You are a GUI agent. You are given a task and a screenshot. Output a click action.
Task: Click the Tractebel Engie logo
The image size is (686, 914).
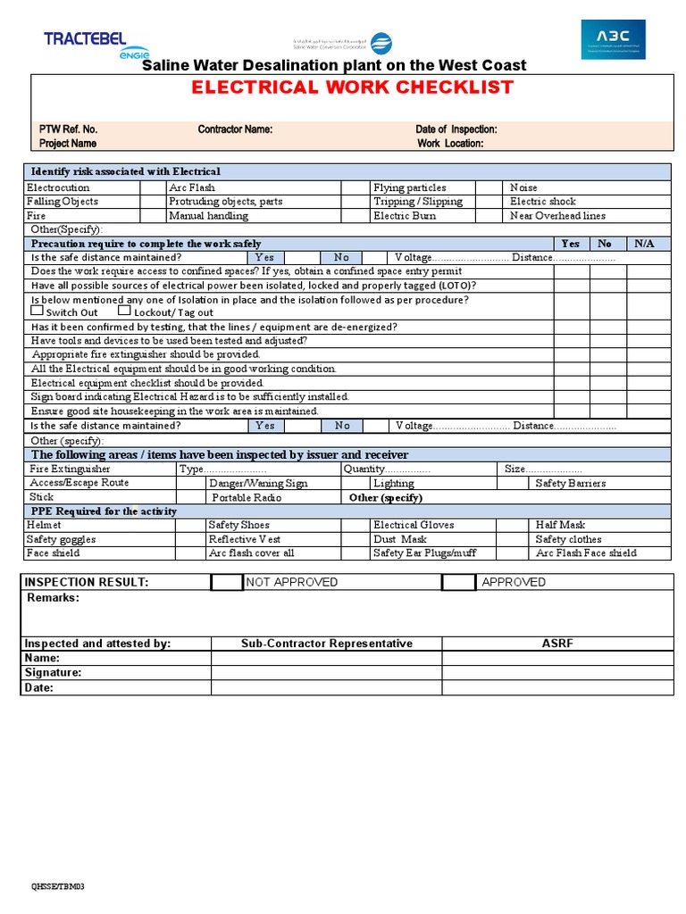pyautogui.click(x=85, y=43)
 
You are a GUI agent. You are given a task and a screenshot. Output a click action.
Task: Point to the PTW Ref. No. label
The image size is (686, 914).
pyautogui.click(x=68, y=129)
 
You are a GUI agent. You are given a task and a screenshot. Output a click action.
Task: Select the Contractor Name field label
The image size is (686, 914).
pyautogui.click(x=235, y=129)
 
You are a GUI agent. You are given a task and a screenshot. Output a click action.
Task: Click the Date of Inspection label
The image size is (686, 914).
pyautogui.click(x=456, y=129)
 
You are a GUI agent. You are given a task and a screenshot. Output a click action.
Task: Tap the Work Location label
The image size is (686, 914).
pyautogui.click(x=450, y=144)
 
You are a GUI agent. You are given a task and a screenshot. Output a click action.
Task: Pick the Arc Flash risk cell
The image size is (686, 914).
pyautogui.click(x=192, y=187)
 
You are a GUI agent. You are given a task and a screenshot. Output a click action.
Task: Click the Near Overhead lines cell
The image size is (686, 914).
pyautogui.click(x=557, y=216)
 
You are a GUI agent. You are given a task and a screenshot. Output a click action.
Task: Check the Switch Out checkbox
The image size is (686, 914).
pyautogui.click(x=37, y=312)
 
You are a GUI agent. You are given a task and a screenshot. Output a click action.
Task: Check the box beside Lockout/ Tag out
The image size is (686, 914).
pyautogui.click(x=124, y=312)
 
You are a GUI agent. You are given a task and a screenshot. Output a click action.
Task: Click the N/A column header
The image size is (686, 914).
pyautogui.click(x=644, y=244)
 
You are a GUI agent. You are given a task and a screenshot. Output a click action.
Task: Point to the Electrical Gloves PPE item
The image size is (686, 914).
pyautogui.click(x=414, y=525)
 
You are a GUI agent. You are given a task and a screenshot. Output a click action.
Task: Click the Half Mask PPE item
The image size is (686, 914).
pyautogui.click(x=560, y=525)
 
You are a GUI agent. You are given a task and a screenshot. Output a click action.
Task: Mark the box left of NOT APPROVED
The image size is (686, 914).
pyautogui.click(x=227, y=582)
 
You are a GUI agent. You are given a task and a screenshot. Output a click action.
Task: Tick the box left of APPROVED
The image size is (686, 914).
pyautogui.click(x=458, y=582)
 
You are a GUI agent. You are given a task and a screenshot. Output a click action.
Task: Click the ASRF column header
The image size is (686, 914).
pyautogui.click(x=557, y=644)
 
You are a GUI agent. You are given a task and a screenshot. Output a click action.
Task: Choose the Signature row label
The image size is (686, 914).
pyautogui.click(x=53, y=673)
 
